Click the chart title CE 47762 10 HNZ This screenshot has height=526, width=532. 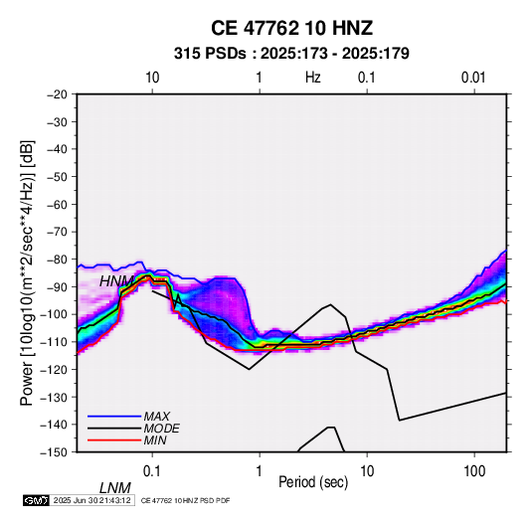pyautogui.click(x=291, y=28)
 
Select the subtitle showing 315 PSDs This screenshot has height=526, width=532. pyautogui.click(x=291, y=54)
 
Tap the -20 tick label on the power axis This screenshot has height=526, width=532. pyautogui.click(x=57, y=94)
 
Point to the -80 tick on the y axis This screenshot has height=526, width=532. pyautogui.click(x=57, y=260)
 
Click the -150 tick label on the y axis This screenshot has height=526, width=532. pyautogui.click(x=54, y=452)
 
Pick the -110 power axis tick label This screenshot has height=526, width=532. pyautogui.click(x=54, y=342)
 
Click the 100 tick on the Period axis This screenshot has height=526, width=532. pyautogui.click(x=474, y=471)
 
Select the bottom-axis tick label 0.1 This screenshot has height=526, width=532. pyautogui.click(x=152, y=471)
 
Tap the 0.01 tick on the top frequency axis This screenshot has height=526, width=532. pyautogui.click(x=473, y=78)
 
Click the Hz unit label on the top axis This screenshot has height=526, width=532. pyautogui.click(x=313, y=78)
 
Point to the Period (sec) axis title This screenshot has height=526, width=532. pyautogui.click(x=313, y=482)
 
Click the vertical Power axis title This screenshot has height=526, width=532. pyautogui.click(x=27, y=272)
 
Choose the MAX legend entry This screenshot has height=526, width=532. pyautogui.click(x=157, y=417)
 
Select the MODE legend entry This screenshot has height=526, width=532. pyautogui.click(x=161, y=429)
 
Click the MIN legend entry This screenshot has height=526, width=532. pyautogui.click(x=155, y=440)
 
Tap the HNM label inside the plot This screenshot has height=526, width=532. pyautogui.click(x=116, y=281)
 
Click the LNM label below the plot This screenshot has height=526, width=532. pyautogui.click(x=115, y=488)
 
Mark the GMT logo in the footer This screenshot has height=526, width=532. pyautogui.click(x=36, y=500)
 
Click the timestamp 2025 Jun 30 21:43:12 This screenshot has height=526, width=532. pyautogui.click(x=91, y=500)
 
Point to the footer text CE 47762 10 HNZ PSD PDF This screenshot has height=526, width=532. pyautogui.click(x=185, y=500)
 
